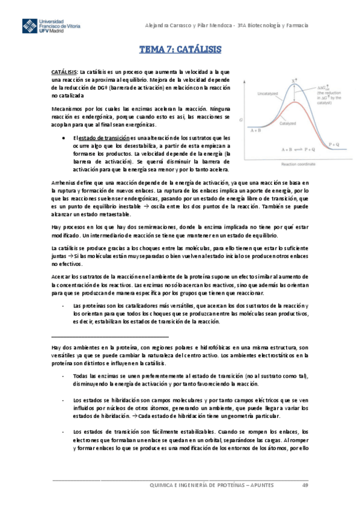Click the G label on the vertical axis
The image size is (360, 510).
tap(241, 120)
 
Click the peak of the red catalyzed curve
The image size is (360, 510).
tap(291, 103)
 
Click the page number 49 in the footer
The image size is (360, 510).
tap(305, 485)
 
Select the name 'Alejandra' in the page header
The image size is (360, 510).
tap(160, 25)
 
